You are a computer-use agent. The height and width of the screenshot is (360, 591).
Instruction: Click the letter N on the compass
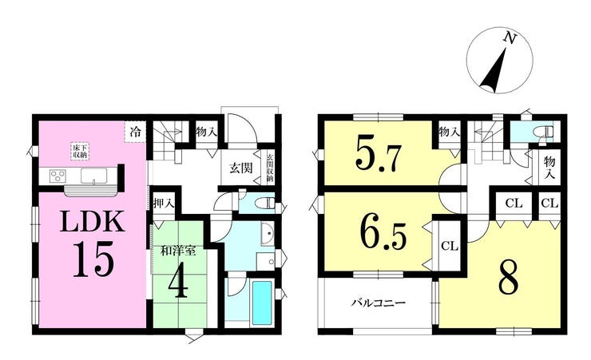pos(510,38)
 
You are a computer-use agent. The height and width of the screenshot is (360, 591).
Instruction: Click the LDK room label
pos(93,221)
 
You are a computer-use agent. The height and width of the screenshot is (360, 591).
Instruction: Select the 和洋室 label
pos(178,251)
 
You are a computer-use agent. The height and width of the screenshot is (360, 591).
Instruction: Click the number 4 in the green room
pos(178,282)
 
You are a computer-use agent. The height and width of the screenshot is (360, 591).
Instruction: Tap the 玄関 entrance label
pos(241,168)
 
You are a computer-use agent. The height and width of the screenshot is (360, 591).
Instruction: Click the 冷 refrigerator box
pos(135,132)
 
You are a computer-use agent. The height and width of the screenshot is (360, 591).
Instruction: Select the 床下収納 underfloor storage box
pos(79,151)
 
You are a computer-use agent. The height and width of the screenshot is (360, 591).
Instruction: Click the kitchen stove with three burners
pos(58,176)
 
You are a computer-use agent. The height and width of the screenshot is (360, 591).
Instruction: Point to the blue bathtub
pos(262,303)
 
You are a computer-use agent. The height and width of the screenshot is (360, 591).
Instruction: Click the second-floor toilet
pos(545,133)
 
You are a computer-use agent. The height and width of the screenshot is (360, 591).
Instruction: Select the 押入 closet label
pos(165,204)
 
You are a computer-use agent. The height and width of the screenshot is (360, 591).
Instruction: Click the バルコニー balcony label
pos(379,303)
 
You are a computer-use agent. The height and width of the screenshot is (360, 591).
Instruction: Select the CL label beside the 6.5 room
pos(450,247)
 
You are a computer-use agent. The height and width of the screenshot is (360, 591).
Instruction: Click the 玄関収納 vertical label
pos(270,168)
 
